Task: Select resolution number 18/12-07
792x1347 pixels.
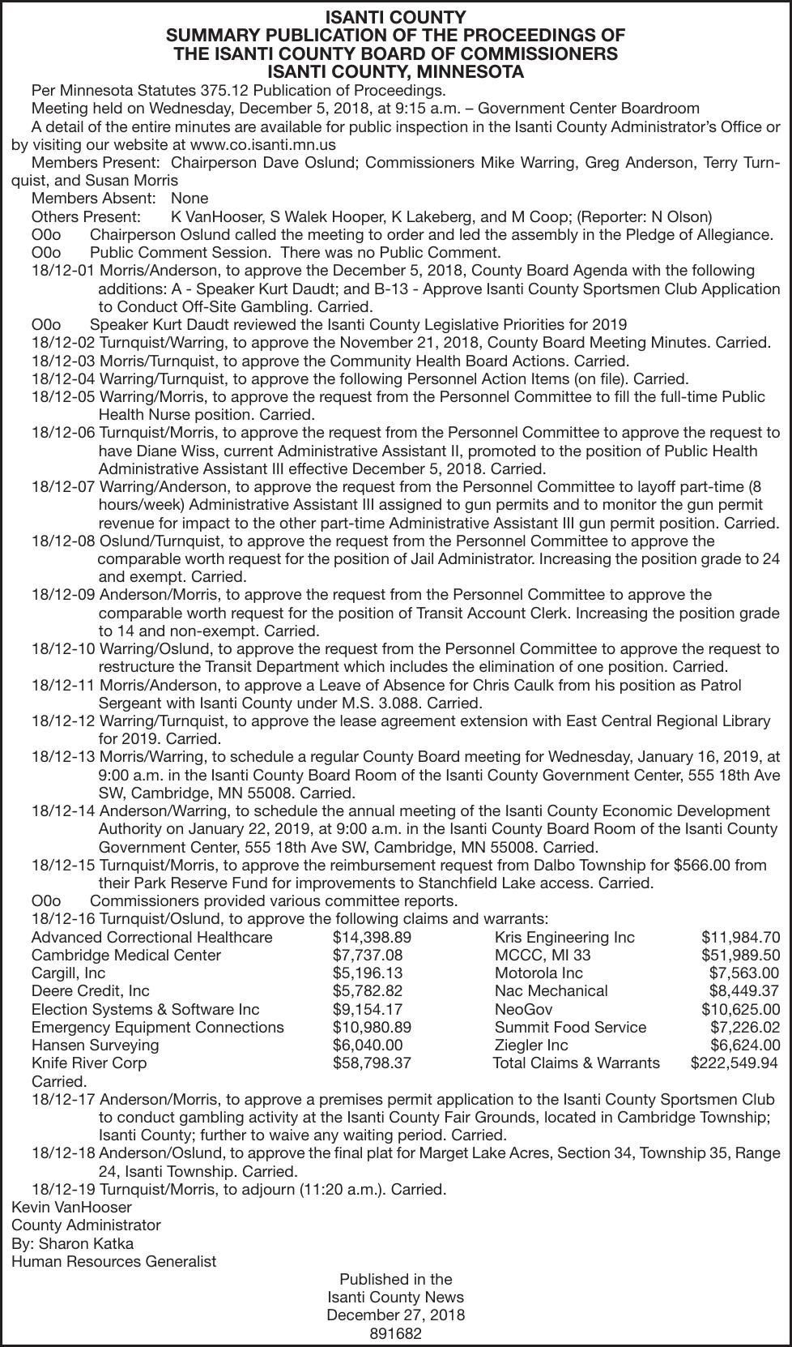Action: (63, 487)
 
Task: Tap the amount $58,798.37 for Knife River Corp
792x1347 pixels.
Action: (372, 1063)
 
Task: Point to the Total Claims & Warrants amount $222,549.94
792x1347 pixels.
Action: (734, 1063)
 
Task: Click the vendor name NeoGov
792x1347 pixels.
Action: (523, 1009)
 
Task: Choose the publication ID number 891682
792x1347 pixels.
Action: (395, 1333)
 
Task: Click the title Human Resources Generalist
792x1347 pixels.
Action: (113, 1261)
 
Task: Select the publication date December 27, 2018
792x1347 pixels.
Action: (395, 1315)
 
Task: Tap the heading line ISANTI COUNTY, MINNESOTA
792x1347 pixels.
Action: (395, 72)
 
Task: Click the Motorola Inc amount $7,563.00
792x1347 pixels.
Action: (743, 973)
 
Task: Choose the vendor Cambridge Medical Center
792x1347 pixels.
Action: (126, 955)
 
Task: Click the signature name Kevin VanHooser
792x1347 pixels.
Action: (71, 1208)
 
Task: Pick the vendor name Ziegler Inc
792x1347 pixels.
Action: (531, 1045)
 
